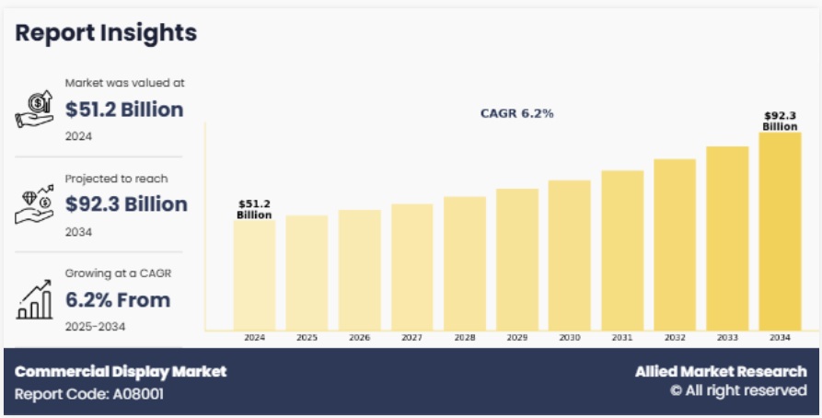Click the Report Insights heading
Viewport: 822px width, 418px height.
(x=106, y=33)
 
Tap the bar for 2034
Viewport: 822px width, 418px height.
(x=780, y=230)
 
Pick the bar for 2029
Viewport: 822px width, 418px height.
(x=516, y=259)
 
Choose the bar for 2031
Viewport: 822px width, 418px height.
(x=622, y=250)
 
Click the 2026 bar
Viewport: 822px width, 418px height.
(x=359, y=269)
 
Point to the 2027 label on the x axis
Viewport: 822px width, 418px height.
(x=411, y=338)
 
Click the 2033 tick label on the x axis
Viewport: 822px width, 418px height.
(x=727, y=338)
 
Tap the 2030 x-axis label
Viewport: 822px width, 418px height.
(x=569, y=338)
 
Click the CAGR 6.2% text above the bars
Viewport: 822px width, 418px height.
(x=516, y=113)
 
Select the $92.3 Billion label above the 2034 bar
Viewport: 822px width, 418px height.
(x=780, y=122)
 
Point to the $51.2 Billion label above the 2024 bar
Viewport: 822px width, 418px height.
(x=254, y=209)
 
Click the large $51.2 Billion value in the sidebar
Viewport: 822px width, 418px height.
(x=124, y=110)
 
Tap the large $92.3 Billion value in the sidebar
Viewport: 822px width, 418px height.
(x=126, y=203)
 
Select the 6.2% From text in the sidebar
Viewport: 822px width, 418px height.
(x=118, y=299)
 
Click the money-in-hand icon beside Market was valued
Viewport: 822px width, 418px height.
(x=35, y=110)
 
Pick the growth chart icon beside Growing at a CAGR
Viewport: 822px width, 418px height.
(x=35, y=299)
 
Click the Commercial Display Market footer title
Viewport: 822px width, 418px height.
(x=121, y=372)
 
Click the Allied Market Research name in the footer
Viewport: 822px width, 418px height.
(x=721, y=372)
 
